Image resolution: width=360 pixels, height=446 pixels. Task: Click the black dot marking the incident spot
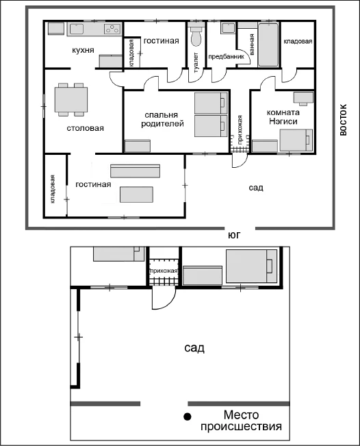[x=187, y=417]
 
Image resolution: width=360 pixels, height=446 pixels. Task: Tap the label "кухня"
[x=83, y=50]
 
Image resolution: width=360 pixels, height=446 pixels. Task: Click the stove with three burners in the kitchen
[x=112, y=29]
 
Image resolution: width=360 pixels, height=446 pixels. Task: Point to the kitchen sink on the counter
[x=77, y=29]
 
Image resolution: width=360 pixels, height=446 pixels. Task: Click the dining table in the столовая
[x=71, y=99]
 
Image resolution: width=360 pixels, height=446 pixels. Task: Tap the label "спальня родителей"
[x=162, y=119]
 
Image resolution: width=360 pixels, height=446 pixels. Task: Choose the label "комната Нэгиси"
[x=283, y=117]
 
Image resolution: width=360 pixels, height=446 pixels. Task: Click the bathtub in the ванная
[x=268, y=45]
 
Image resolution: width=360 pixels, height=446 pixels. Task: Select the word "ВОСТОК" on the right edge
[x=344, y=120]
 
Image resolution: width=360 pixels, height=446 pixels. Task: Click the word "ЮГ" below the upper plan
[x=234, y=235]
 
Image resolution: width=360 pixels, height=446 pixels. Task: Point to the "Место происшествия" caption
[x=241, y=421]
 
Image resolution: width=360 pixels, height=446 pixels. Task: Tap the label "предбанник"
[x=226, y=57]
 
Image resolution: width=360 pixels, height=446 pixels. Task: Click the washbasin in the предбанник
[x=228, y=28]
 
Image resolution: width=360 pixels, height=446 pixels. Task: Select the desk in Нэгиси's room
[x=303, y=98]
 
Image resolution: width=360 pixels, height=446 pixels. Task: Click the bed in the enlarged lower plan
[x=251, y=267]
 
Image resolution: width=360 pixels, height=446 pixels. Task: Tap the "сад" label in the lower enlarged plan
[x=194, y=348]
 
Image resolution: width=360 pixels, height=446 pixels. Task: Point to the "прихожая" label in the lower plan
[x=164, y=271]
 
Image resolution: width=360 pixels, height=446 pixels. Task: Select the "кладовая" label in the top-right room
[x=298, y=42]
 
